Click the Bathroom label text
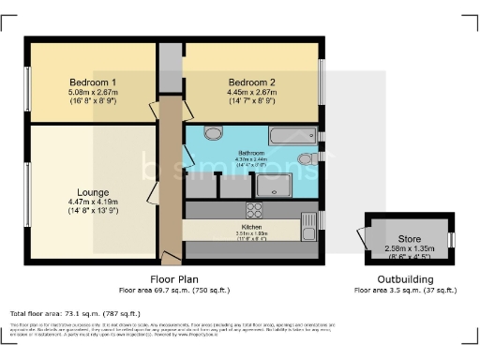click(251, 153)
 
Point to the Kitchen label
click(250, 226)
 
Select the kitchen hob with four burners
click(255, 209)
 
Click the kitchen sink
click(307, 225)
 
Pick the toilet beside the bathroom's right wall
click(307, 160)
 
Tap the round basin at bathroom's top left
click(213, 133)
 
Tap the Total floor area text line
click(75, 313)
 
